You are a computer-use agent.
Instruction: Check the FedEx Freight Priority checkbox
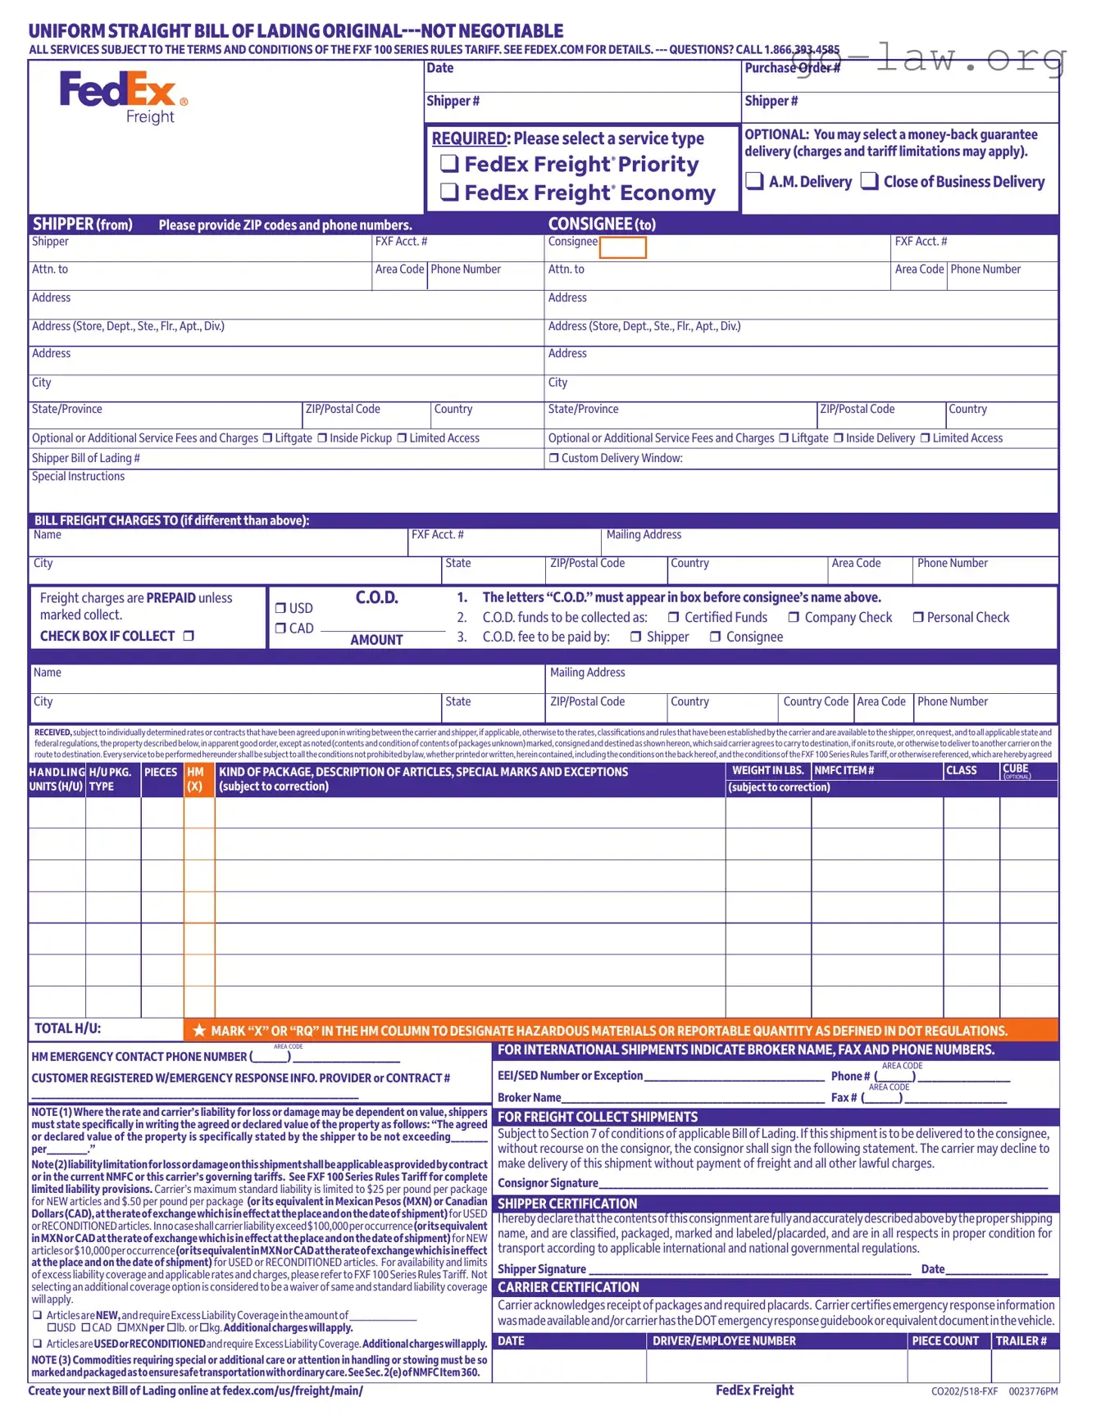coord(449,163)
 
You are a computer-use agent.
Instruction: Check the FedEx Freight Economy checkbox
coord(449,192)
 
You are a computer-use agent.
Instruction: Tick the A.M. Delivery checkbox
coord(754,181)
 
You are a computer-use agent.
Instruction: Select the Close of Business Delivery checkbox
coord(870,181)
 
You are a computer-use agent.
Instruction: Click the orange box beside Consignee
coord(623,247)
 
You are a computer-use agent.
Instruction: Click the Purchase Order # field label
coord(792,68)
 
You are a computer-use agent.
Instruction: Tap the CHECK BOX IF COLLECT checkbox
coord(189,636)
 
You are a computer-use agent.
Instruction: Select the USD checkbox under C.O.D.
coord(280,608)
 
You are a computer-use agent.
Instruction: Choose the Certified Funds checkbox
coord(673,618)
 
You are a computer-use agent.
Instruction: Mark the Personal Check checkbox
coord(917,618)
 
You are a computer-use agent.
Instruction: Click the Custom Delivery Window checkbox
coord(553,459)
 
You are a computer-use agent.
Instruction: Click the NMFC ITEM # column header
coord(844,771)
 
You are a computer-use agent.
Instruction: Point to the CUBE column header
coord(1015,769)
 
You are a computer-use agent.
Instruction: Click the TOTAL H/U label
coord(67,1028)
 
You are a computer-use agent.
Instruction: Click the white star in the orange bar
coord(199,1031)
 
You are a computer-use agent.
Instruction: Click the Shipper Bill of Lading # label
coord(85,458)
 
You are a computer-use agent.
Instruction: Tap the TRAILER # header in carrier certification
coord(1021,1341)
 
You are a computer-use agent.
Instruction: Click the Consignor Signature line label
coord(548,1183)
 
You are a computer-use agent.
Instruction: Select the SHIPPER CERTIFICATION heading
coord(567,1204)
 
